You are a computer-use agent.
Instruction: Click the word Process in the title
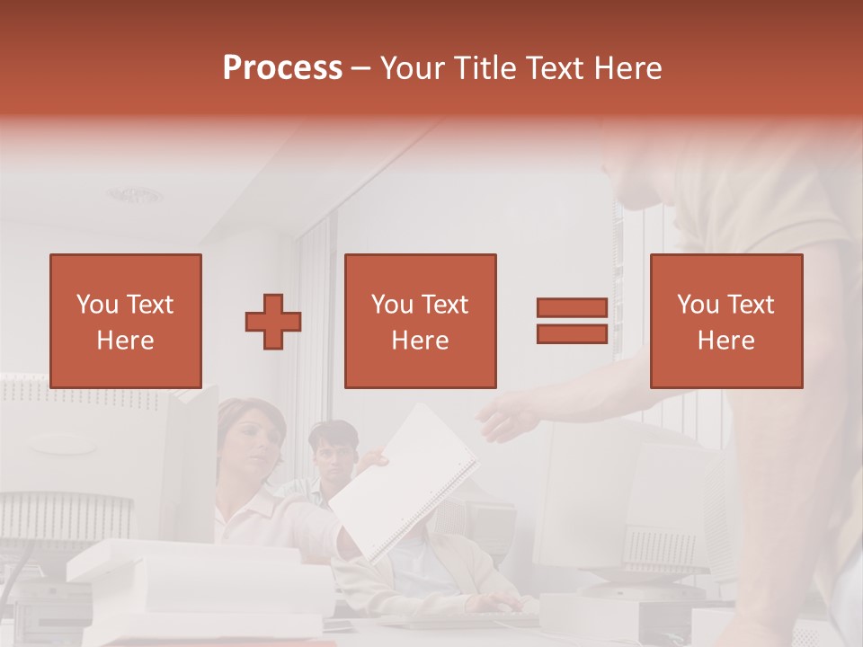pyautogui.click(x=282, y=67)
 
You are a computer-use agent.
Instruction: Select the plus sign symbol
pyautogui.click(x=273, y=322)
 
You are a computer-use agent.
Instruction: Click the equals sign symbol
pyautogui.click(x=572, y=321)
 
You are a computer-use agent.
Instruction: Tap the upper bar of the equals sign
pyautogui.click(x=572, y=308)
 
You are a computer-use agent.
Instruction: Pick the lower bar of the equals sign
pyautogui.click(x=572, y=333)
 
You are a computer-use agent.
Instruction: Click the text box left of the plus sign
pyautogui.click(x=125, y=321)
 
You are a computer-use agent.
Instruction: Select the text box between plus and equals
pyautogui.click(x=420, y=321)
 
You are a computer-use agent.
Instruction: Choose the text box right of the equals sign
pyautogui.click(x=725, y=321)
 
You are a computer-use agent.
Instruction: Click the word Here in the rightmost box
pyautogui.click(x=725, y=340)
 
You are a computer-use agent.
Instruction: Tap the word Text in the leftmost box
pyautogui.click(x=149, y=305)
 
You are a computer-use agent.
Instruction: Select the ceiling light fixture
pyautogui.click(x=136, y=194)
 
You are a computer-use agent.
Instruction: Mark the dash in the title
pyautogui.click(x=360, y=68)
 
